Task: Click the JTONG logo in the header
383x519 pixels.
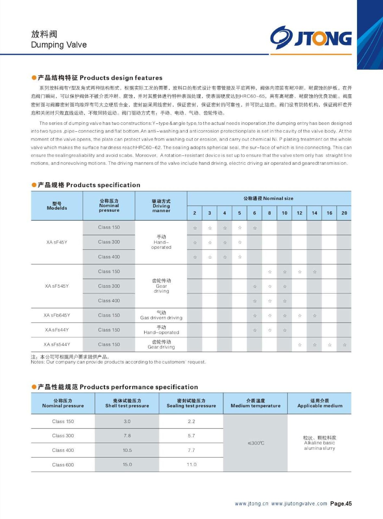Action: [311, 38]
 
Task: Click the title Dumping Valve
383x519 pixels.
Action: [59, 45]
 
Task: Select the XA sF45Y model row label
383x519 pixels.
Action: [57, 242]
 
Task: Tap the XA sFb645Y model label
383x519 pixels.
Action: [57, 315]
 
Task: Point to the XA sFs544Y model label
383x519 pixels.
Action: [57, 344]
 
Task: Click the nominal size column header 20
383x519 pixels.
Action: [344, 213]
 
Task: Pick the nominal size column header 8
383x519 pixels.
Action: [269, 213]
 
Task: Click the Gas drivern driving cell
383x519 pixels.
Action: [161, 315]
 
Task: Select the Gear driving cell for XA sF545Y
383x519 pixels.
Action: [161, 286]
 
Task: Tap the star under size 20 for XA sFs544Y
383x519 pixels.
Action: [344, 345]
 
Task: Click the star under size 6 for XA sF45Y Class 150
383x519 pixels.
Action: [255, 228]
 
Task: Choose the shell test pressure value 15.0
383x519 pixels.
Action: [127, 465]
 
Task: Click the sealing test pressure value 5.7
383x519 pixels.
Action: [191, 436]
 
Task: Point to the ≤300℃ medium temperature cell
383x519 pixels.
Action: [256, 443]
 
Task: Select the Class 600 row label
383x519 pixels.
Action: [63, 465]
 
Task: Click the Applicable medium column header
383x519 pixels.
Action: [320, 403]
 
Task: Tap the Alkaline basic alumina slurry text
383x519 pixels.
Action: [319, 445]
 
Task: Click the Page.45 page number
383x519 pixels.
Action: [341, 504]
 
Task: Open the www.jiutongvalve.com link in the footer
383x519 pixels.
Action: [299, 504]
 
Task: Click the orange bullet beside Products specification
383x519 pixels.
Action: [34, 185]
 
